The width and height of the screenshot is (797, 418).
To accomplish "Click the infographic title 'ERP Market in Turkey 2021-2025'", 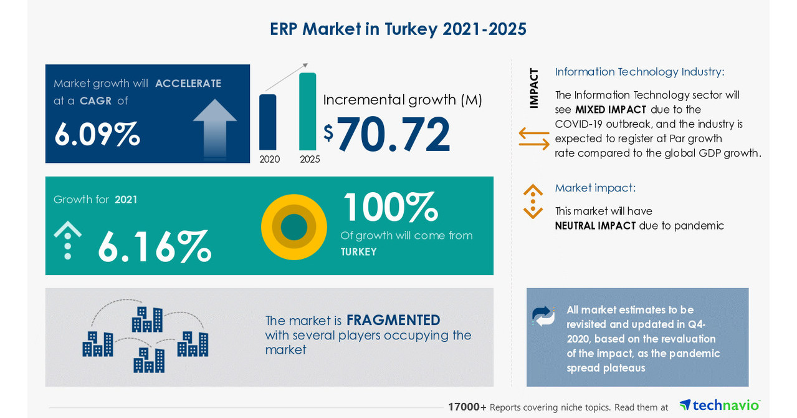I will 398,29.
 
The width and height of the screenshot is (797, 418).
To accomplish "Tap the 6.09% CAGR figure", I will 97,134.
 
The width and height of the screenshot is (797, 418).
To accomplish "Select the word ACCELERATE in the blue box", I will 188,84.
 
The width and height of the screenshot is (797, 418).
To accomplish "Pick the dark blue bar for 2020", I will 268,122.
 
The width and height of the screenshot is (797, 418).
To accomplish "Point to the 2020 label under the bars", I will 270,159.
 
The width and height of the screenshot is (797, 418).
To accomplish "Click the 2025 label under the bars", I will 310,159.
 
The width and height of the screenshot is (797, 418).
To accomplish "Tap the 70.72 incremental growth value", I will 393,134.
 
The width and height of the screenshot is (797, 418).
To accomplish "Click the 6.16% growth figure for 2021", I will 154,246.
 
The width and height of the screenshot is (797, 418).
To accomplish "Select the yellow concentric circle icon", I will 294,227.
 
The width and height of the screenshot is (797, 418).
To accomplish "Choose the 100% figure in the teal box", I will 390,208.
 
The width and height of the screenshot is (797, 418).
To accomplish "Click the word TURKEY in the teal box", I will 358,252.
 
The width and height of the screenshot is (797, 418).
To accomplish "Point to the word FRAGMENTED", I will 393,320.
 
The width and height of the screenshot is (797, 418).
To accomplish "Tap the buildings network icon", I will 145,336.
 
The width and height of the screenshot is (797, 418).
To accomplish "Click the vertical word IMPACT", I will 534,88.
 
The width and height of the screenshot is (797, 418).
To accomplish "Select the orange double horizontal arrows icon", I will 534,139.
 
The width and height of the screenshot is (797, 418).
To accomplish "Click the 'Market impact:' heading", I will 595,188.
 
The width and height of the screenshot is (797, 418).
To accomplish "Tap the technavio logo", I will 719,406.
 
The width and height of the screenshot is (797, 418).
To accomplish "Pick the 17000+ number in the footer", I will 467,407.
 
